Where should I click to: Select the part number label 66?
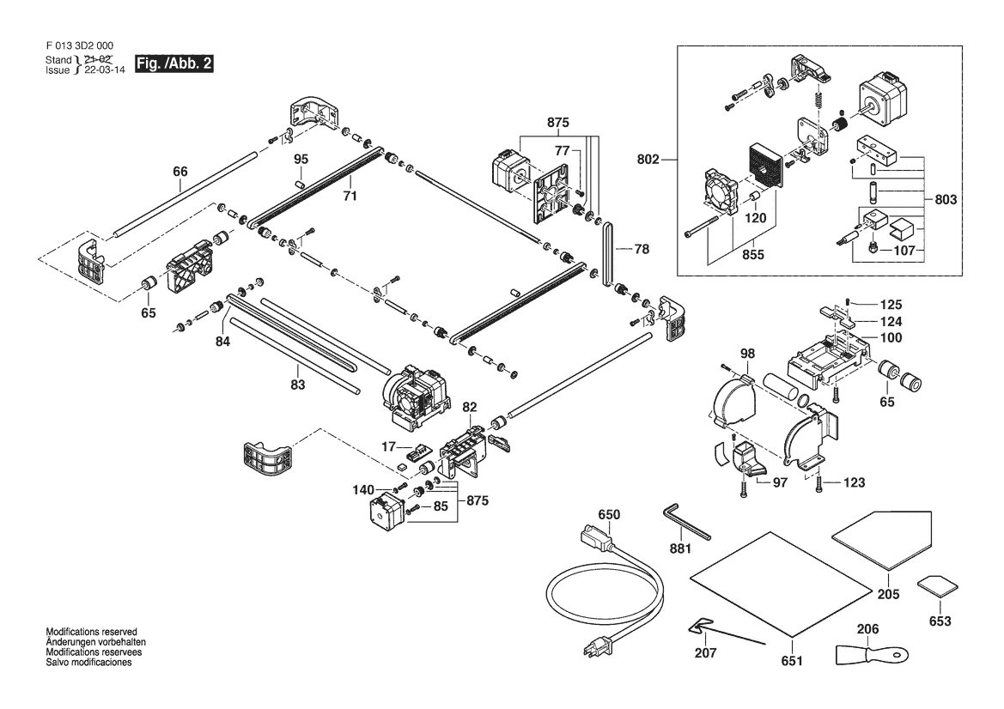(x=180, y=172)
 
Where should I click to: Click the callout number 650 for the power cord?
(x=608, y=514)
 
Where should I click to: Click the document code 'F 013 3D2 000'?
(x=78, y=46)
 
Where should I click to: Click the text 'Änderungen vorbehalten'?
(x=95, y=642)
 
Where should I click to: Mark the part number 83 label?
(x=298, y=385)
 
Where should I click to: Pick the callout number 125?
(x=890, y=304)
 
